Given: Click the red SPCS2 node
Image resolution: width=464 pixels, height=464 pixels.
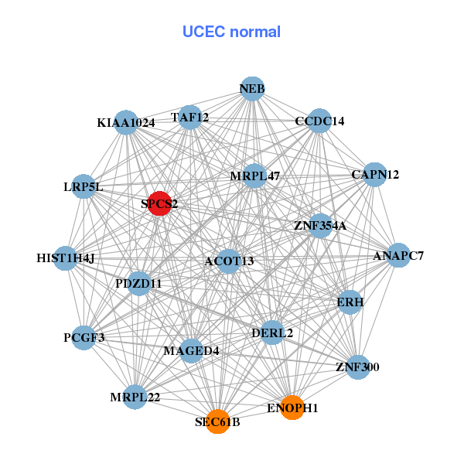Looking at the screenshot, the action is pos(159,204).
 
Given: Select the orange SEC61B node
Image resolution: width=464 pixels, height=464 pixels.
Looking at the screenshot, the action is pos(218,421).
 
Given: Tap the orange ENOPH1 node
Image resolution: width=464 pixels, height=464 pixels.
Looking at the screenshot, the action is pos(292,407).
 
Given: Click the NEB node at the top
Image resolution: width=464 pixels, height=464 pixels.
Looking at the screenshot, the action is pos(252,89).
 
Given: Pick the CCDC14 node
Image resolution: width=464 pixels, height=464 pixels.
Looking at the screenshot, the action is pos(319,121).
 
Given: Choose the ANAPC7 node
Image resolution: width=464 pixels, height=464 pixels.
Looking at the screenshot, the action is pos(397,255).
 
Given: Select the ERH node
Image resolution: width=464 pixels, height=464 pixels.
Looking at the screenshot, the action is pos(350,302).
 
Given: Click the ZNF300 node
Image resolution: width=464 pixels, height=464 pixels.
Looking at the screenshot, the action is pos(357,367).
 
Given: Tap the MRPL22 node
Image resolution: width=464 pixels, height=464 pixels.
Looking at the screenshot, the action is pos(135,397).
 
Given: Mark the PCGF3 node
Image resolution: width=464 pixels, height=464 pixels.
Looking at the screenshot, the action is pos(84,338).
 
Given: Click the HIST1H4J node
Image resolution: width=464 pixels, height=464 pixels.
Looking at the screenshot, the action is pos(65,258).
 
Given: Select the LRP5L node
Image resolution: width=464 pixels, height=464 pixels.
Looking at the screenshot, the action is pos(84,187).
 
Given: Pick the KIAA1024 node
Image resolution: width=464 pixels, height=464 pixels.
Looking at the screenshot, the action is pos(126,122).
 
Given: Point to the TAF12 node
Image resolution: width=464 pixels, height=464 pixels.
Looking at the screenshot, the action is pos(190,118).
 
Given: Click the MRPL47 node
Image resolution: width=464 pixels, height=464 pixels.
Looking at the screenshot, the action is pos(254,176).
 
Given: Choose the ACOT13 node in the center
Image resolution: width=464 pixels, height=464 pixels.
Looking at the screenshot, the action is pos(229,261).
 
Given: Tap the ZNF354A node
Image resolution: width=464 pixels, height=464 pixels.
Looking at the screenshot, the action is pos(320,226).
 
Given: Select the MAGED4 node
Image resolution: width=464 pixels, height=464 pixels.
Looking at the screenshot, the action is pos(191,351).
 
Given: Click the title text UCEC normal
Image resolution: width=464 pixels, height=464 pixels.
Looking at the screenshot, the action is pos(231,32).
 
